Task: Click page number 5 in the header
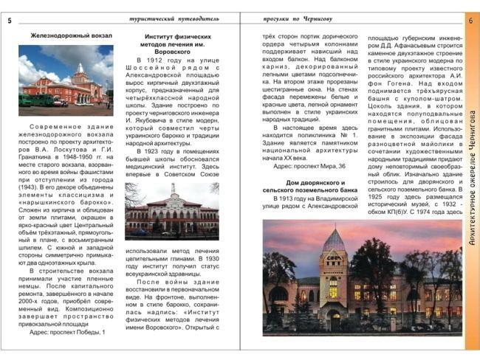click(x=9, y=21)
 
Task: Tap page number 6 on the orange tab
click(x=470, y=21)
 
